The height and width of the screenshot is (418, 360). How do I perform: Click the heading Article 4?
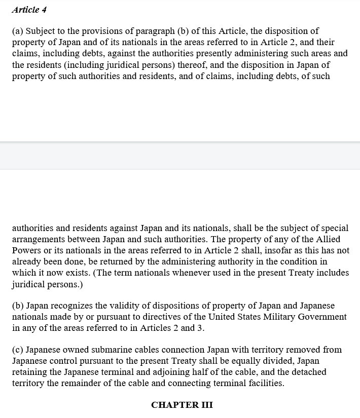(x=29, y=10)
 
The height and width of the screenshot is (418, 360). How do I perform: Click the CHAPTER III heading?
(x=182, y=405)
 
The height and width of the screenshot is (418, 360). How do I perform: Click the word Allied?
(x=328, y=239)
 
